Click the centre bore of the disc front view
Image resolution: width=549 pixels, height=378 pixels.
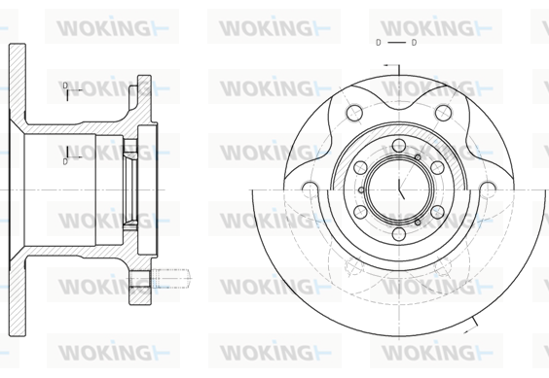click(x=399, y=190)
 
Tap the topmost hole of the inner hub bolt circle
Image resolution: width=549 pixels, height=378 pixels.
click(x=399, y=146)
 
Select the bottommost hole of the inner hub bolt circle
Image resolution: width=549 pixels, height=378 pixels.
click(x=399, y=234)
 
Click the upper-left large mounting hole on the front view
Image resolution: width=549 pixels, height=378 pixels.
click(x=354, y=113)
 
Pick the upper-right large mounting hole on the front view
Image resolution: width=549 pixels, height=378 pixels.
click(x=443, y=113)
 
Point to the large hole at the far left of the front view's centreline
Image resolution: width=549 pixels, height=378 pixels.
click(x=311, y=189)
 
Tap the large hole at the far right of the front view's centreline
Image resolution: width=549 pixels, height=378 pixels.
click(x=488, y=189)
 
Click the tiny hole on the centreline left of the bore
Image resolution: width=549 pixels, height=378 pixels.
click(x=361, y=190)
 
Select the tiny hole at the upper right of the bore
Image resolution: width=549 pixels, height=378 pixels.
click(x=418, y=157)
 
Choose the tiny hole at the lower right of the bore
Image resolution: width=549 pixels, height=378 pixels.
click(x=418, y=223)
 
